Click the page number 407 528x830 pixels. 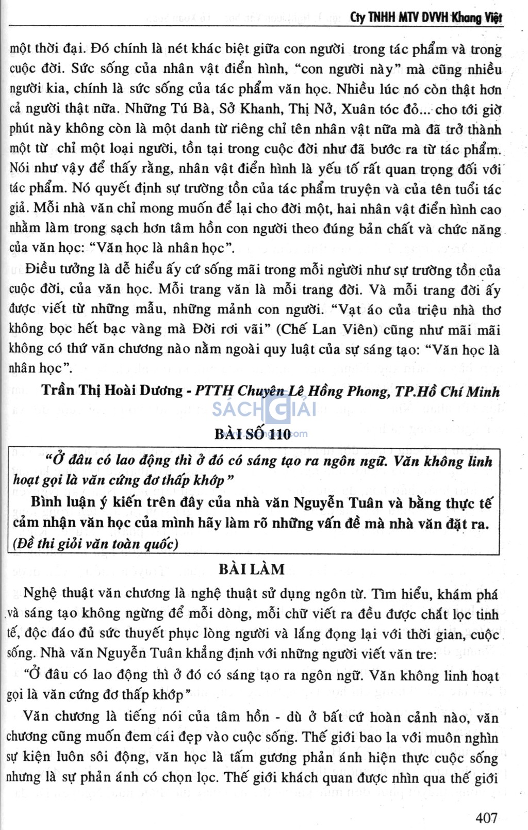(x=486, y=817)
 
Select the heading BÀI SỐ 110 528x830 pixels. (x=253, y=433)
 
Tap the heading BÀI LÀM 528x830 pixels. (x=252, y=569)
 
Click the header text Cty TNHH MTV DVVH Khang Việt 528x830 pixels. (x=426, y=18)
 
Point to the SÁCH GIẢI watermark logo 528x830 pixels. (x=264, y=410)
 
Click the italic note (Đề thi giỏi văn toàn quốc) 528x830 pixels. (x=96, y=543)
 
